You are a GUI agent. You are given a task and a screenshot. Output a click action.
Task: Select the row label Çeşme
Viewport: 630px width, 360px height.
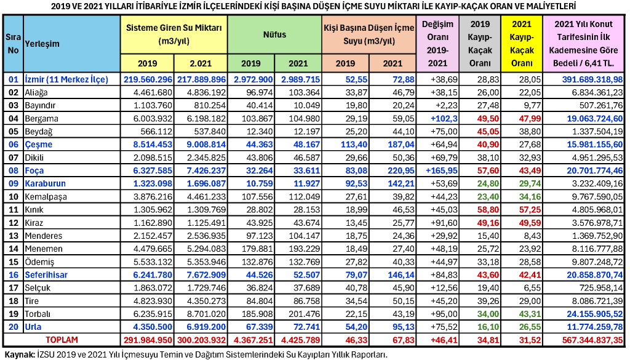point(39,145)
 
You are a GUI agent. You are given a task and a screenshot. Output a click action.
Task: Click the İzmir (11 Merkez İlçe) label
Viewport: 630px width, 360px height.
point(66,79)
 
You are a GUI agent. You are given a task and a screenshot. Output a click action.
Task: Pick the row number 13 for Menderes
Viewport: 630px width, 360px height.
point(13,236)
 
